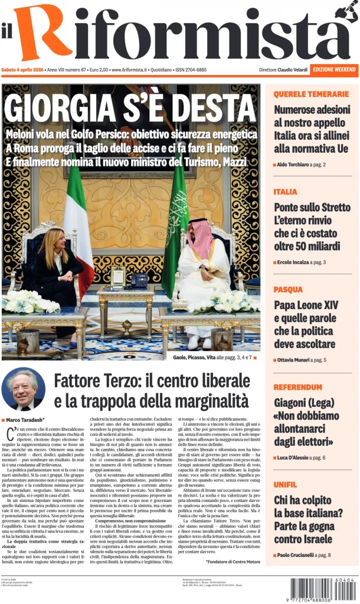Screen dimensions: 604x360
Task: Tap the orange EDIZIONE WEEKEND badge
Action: point(335,70)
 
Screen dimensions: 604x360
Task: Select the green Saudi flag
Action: point(175,230)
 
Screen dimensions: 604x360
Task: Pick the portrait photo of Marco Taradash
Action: point(24,389)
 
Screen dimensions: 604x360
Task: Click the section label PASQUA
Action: point(288,290)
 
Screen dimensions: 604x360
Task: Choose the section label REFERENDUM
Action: point(298,388)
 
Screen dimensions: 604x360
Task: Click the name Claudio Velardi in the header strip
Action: point(293,70)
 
